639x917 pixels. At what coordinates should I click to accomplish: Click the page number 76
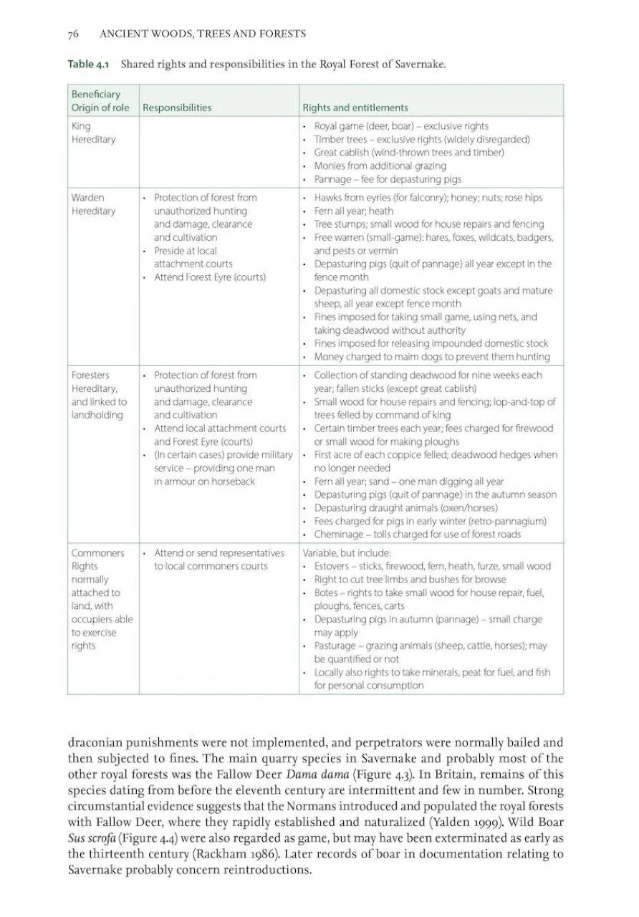72,34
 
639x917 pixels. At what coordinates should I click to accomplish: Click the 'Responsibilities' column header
177,108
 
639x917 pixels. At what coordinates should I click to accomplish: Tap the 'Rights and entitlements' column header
355,108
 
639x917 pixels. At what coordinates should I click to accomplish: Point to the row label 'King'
81,126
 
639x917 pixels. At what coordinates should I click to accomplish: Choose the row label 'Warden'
87,198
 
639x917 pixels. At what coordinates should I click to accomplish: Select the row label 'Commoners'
97,553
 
